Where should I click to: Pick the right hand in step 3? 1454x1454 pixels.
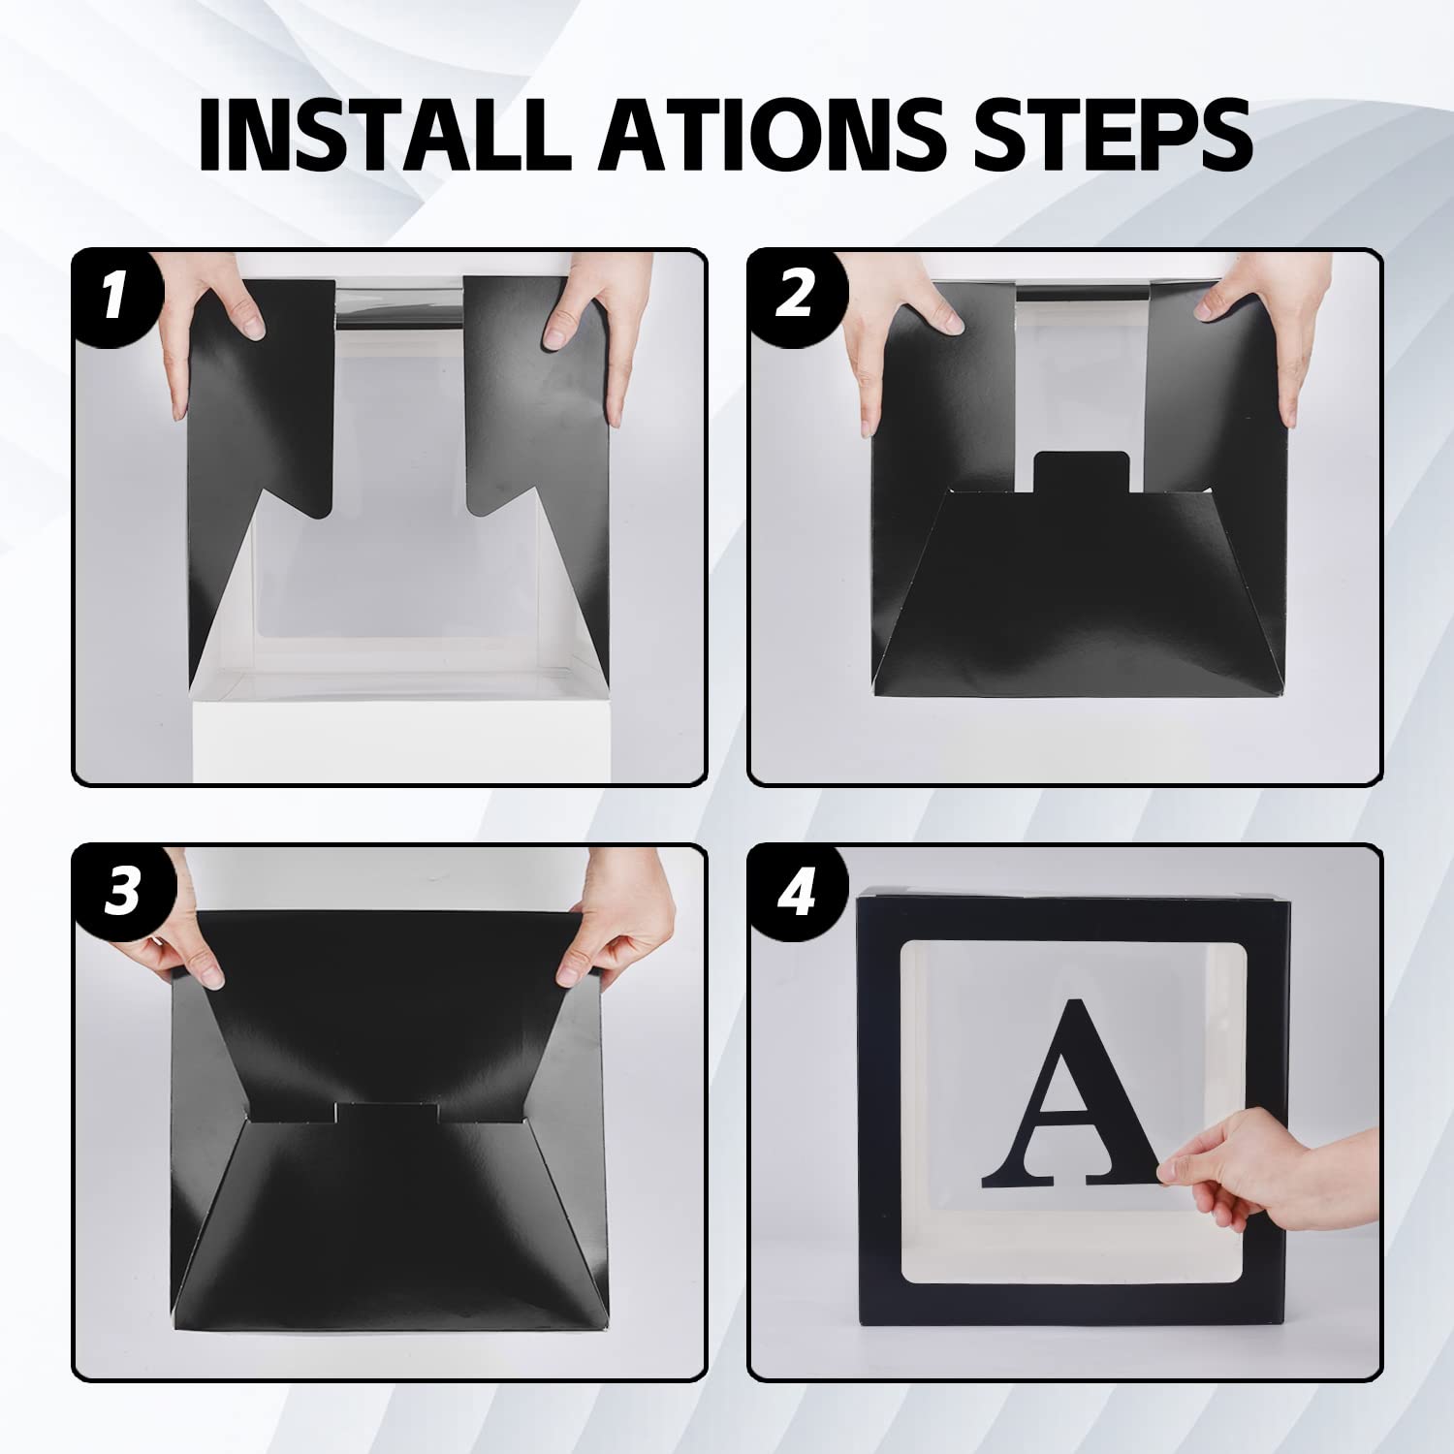tap(616, 921)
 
